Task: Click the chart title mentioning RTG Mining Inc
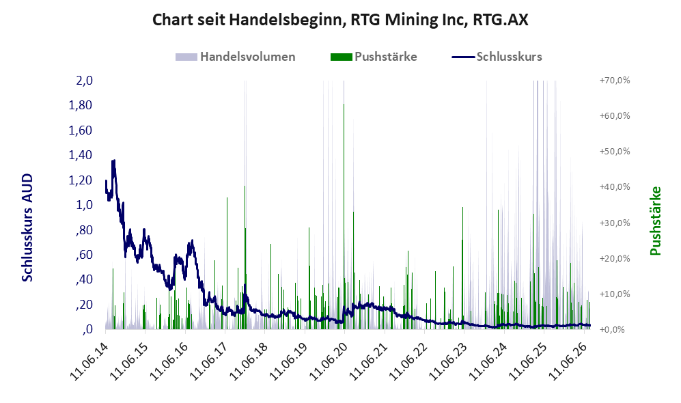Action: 340,20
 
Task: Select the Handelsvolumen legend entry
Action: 236,57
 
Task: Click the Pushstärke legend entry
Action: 374,57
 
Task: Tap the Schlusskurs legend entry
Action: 497,57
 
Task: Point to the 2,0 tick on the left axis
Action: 84,81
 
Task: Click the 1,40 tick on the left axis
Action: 81,155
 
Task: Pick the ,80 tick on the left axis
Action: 84,230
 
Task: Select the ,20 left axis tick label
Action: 84,305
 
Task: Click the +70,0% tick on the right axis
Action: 615,81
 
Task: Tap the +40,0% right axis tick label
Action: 615,187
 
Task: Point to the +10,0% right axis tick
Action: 615,294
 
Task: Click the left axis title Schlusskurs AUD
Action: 27,227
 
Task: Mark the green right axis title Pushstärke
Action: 655,221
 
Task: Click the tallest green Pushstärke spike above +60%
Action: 344,217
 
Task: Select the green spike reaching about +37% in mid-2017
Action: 227,263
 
